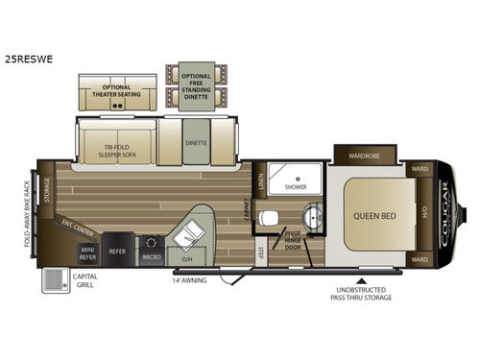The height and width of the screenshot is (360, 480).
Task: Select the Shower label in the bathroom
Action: (x=295, y=188)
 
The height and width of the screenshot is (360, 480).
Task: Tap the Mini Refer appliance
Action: (x=87, y=252)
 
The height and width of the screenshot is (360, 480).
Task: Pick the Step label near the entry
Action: (x=260, y=252)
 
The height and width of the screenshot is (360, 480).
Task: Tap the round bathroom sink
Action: (x=309, y=213)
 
